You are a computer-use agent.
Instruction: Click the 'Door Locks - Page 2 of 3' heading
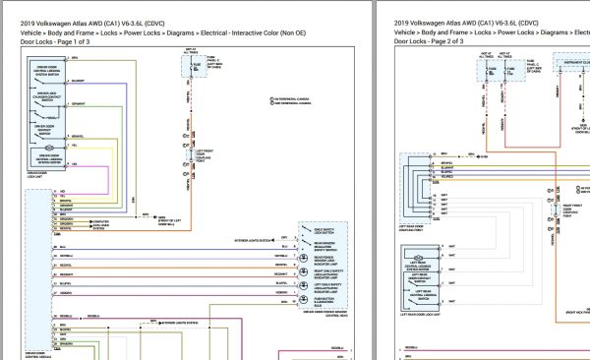[429, 42]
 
